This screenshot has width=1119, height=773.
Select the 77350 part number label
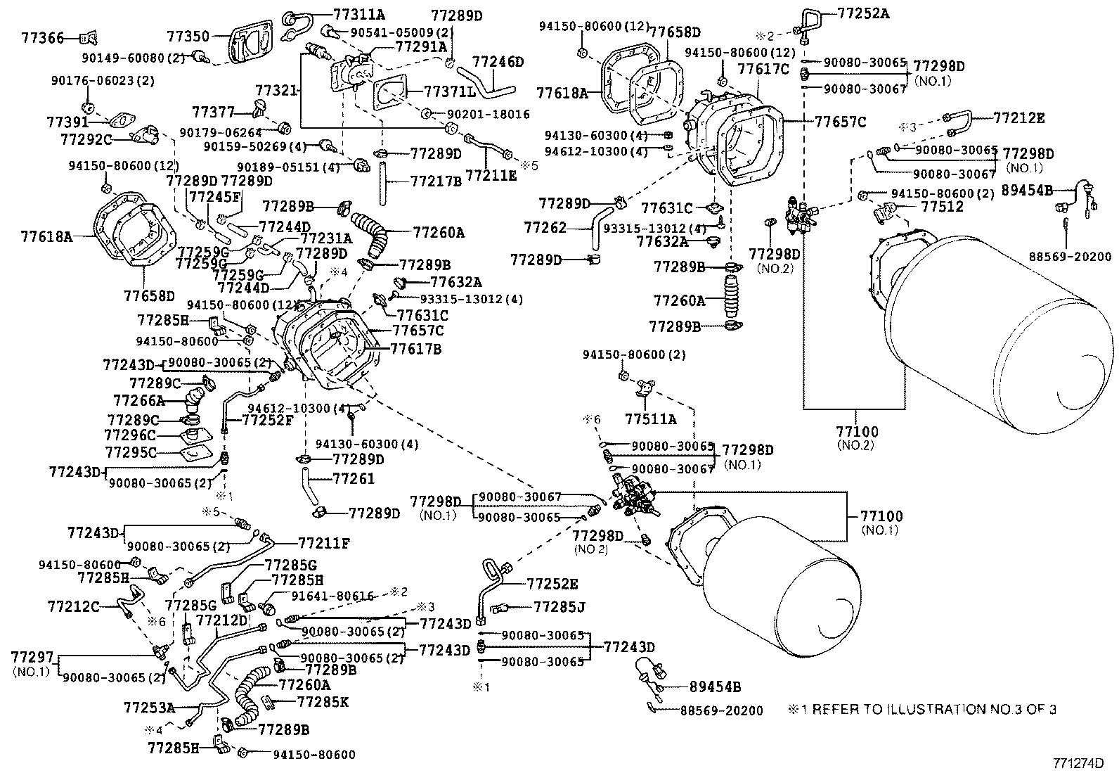coord(188,36)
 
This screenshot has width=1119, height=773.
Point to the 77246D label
coord(498,62)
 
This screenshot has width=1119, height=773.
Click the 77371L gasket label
coord(450,92)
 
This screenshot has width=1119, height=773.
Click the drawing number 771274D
coord(1078,762)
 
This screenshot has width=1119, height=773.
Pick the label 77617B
coord(416,347)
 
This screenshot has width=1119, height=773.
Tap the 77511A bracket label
coord(650,420)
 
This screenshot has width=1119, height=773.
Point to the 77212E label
coord(1018,117)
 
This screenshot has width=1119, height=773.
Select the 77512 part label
coord(922,207)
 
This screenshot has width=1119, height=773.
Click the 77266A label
coord(138,400)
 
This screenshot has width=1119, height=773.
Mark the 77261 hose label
coord(353,478)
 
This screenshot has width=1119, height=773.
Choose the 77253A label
coord(149,707)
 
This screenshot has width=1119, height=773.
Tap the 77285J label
coord(559,606)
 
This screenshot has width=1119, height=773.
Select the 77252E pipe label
coord(552,584)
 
